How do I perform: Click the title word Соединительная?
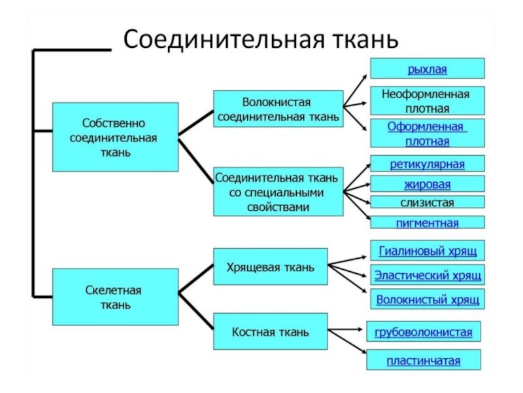click(x=224, y=40)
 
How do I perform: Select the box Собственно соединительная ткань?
click(x=116, y=137)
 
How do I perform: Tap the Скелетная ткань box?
click(x=116, y=297)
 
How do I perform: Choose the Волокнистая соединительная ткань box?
click(x=278, y=109)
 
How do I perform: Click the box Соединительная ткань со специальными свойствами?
click(x=278, y=192)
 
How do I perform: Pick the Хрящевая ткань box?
click(x=271, y=267)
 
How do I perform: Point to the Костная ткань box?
click(x=271, y=331)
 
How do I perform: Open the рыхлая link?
click(x=428, y=69)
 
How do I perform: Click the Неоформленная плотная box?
click(x=428, y=101)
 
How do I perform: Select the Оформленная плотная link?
click(x=428, y=134)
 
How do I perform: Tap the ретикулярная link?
click(x=428, y=164)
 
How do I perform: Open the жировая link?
click(x=428, y=184)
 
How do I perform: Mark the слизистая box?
click(x=428, y=202)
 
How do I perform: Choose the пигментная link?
click(x=428, y=223)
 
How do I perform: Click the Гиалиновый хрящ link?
click(x=428, y=251)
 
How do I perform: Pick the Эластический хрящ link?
click(x=428, y=275)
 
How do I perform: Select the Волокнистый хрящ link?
click(x=428, y=299)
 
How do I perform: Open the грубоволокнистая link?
click(x=423, y=332)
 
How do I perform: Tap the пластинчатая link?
click(x=423, y=361)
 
